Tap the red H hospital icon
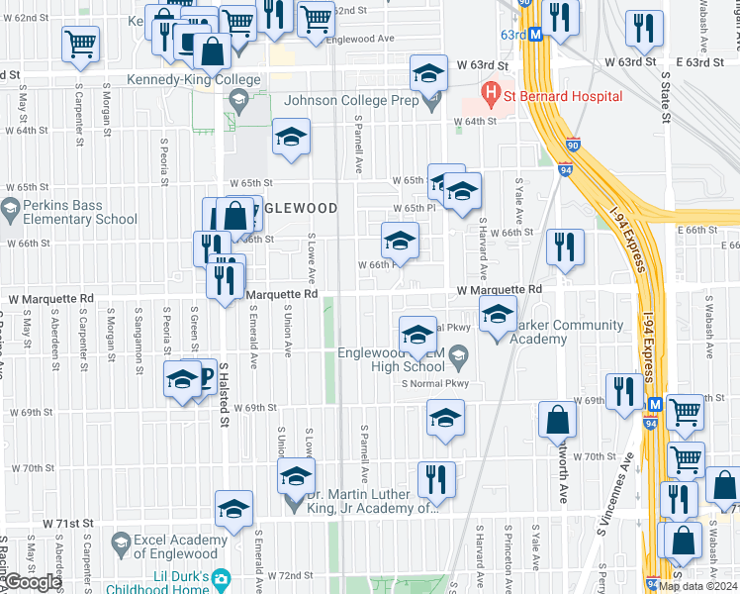coord(489,96)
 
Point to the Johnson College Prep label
coord(348,100)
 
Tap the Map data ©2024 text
coord(698,586)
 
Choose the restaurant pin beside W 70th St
coord(436,479)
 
